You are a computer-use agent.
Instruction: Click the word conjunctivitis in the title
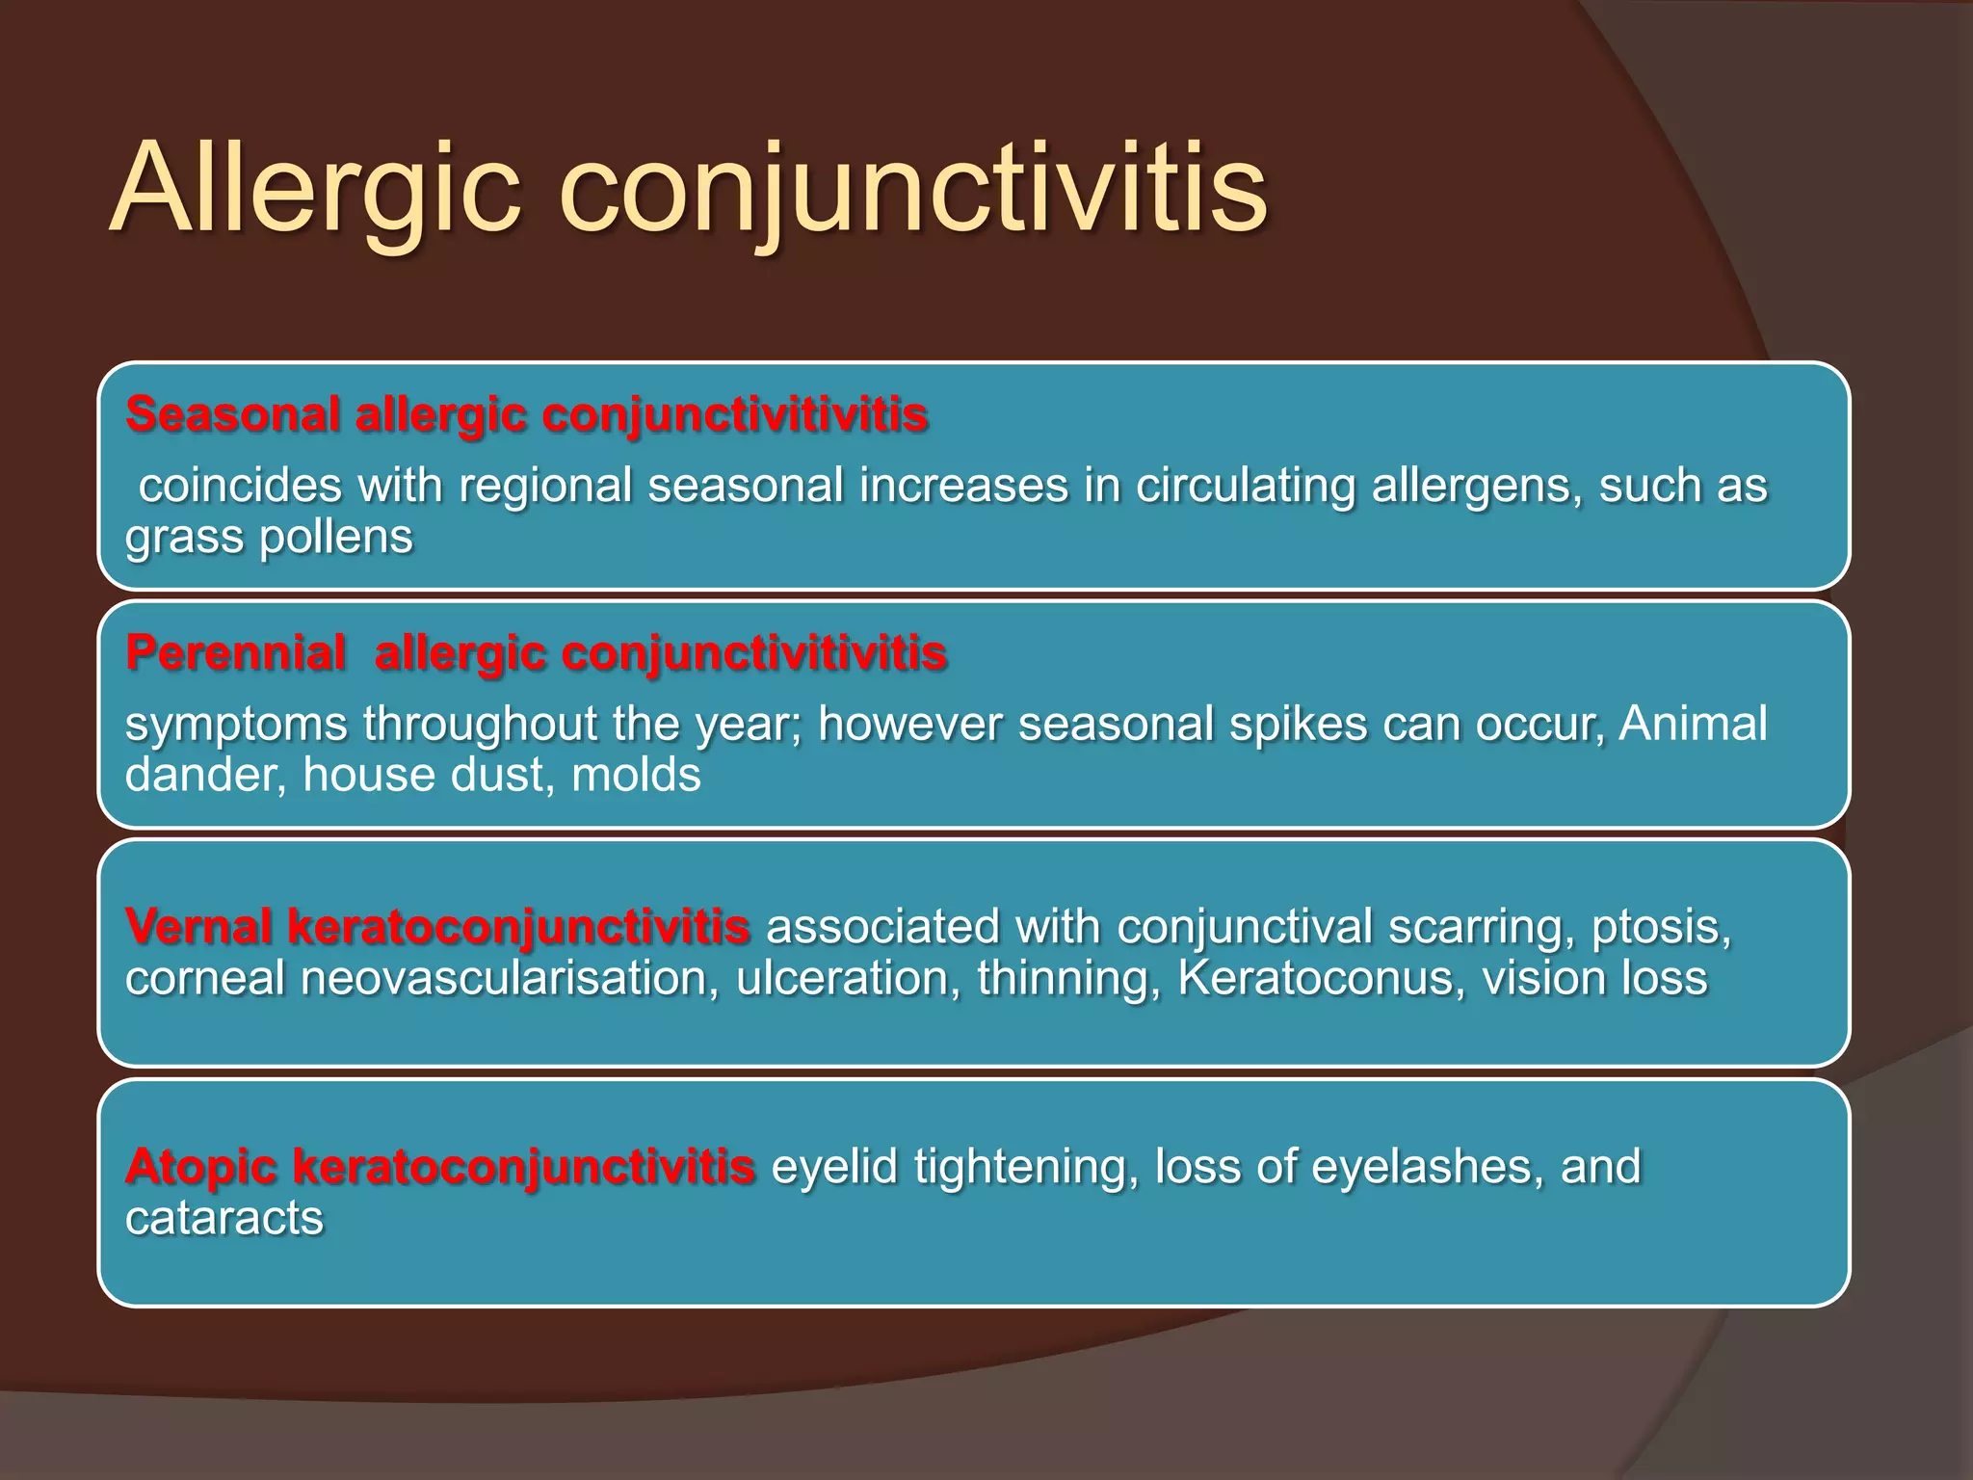[912, 189]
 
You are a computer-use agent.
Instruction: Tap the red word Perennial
[235, 653]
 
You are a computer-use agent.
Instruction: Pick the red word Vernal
[197, 927]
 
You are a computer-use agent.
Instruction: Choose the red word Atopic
[200, 1166]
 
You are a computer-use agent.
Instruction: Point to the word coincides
[240, 486]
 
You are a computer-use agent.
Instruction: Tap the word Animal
[1693, 724]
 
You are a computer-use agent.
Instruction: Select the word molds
[636, 776]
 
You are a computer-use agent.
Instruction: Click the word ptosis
[1661, 927]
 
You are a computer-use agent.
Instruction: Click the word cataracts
[224, 1219]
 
